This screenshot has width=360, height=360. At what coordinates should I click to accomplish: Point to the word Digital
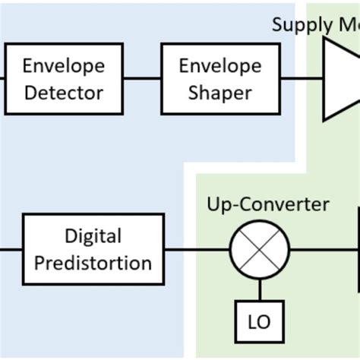pyautogui.click(x=93, y=236)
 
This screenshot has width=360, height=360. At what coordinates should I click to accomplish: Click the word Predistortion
pyautogui.click(x=93, y=263)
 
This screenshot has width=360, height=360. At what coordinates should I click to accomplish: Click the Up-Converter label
pyautogui.click(x=268, y=204)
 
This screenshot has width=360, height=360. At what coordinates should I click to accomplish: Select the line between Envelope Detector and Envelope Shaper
pyautogui.click(x=142, y=79)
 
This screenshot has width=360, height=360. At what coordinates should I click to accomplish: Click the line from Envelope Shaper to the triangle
pyautogui.click(x=299, y=79)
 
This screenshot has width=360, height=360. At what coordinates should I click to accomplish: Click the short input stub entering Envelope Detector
pyautogui.click(x=2, y=79)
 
